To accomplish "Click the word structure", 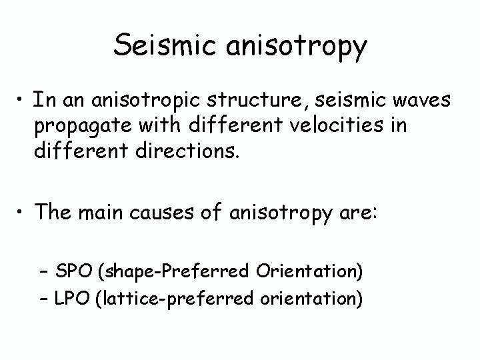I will pyautogui.click(x=254, y=101).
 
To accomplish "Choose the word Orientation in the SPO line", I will pyautogui.click(x=305, y=271).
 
